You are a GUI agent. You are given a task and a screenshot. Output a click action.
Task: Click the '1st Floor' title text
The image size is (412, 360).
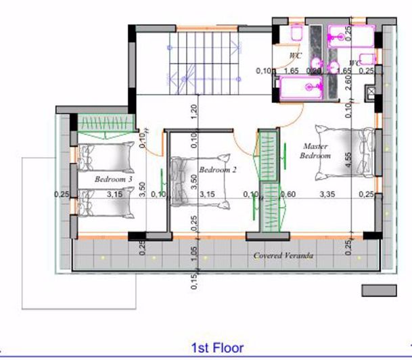tap(217, 348)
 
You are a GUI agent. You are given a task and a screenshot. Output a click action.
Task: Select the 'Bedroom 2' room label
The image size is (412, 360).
tap(217, 170)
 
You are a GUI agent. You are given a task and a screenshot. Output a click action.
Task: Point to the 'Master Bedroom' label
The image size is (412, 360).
tap(316, 150)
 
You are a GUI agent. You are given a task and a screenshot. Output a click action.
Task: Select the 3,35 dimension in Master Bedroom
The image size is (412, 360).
tap(328, 194)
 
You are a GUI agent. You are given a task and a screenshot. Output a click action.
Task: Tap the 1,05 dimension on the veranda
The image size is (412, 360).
tap(194, 254)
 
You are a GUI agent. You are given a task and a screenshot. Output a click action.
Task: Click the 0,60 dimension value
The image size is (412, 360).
tap(288, 194)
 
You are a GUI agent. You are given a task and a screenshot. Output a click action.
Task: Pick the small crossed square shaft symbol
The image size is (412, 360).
tap(370, 91)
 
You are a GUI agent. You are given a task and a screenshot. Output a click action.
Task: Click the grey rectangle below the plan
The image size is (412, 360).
tap(378, 290)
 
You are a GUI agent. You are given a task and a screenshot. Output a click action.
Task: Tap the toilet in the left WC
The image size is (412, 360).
tap(296, 35)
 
